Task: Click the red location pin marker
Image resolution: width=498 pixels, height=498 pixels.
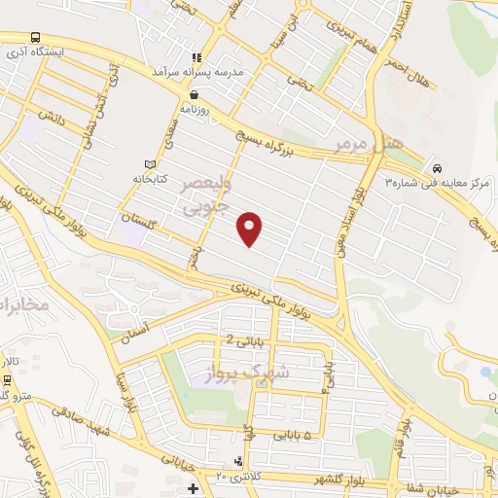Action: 251,228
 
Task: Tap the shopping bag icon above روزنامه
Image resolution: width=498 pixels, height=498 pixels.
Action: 196,94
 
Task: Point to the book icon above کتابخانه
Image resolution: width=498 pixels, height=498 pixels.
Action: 149,163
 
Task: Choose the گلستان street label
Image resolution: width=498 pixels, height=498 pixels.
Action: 141,222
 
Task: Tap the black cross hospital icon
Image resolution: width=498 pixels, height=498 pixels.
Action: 193,487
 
